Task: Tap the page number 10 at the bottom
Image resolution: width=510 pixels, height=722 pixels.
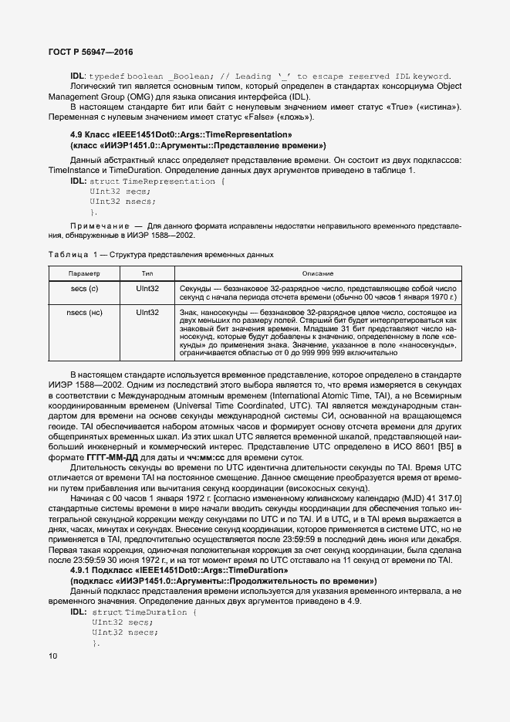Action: coord(52,656)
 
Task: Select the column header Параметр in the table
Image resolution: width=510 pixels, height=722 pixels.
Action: coord(83,274)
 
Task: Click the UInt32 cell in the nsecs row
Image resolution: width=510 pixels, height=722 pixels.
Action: coord(147,313)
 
